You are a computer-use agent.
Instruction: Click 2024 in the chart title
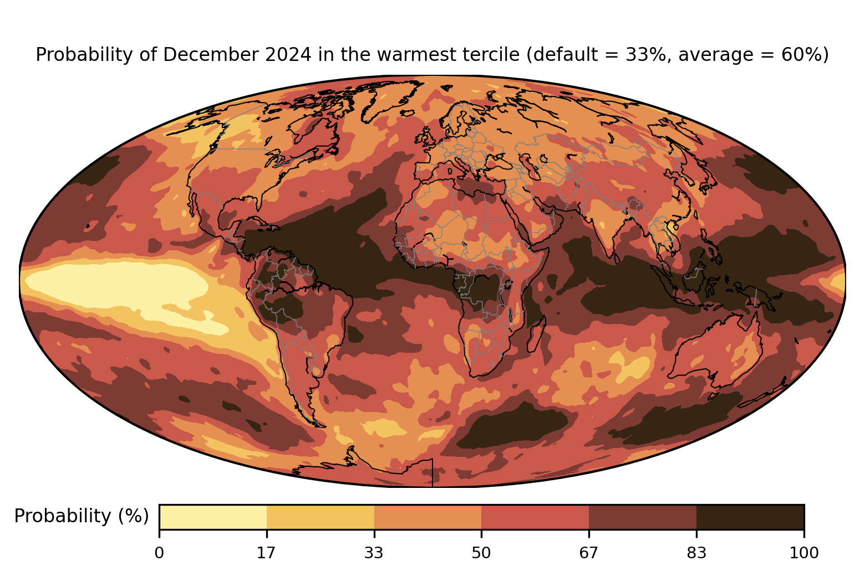point(288,54)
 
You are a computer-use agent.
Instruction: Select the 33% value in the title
point(645,54)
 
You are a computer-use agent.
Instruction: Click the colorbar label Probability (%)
point(82,516)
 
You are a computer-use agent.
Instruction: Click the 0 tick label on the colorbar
point(159,553)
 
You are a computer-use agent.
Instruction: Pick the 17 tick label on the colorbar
point(266,553)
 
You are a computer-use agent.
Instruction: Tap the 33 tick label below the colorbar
point(374,553)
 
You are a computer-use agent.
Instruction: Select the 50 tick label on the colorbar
point(481,553)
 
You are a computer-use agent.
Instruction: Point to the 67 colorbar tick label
point(588,553)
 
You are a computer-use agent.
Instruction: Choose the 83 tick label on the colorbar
point(696,553)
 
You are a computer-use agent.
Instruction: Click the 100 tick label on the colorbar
point(804,553)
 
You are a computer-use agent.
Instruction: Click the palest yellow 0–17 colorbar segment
point(213,517)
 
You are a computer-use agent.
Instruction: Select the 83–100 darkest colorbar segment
point(750,517)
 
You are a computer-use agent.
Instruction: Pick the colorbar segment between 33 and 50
point(428,517)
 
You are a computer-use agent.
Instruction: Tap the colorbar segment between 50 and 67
point(535,517)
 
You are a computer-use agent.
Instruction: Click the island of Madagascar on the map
point(536,334)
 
